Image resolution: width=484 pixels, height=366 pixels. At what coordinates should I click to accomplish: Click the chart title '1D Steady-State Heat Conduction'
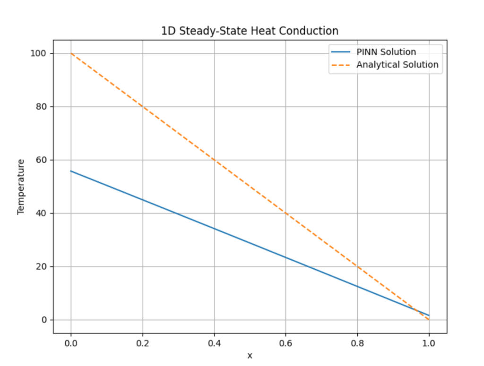[x=250, y=31]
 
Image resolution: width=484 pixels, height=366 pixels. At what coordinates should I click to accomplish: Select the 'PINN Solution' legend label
[x=386, y=52]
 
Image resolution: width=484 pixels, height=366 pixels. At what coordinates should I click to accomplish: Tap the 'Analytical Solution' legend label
[x=397, y=65]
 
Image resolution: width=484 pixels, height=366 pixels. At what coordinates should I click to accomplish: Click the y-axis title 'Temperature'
[x=21, y=187]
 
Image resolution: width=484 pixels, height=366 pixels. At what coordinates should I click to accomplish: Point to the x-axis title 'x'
[x=250, y=356]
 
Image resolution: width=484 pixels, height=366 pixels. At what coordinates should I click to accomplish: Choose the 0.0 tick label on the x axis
[x=71, y=342]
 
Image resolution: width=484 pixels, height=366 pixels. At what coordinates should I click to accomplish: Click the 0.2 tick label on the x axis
[x=142, y=342]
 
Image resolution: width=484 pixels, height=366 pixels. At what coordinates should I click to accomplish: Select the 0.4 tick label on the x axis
[x=214, y=342]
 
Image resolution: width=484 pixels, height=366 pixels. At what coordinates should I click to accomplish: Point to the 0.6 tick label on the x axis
[x=285, y=342]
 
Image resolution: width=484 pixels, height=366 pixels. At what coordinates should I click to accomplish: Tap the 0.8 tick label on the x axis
[x=357, y=342]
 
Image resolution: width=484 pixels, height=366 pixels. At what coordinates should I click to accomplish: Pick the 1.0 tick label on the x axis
[x=429, y=342]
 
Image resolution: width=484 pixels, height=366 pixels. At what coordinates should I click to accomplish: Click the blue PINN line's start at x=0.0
[x=71, y=171]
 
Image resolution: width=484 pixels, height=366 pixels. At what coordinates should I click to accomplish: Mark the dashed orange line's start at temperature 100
[x=71, y=53]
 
